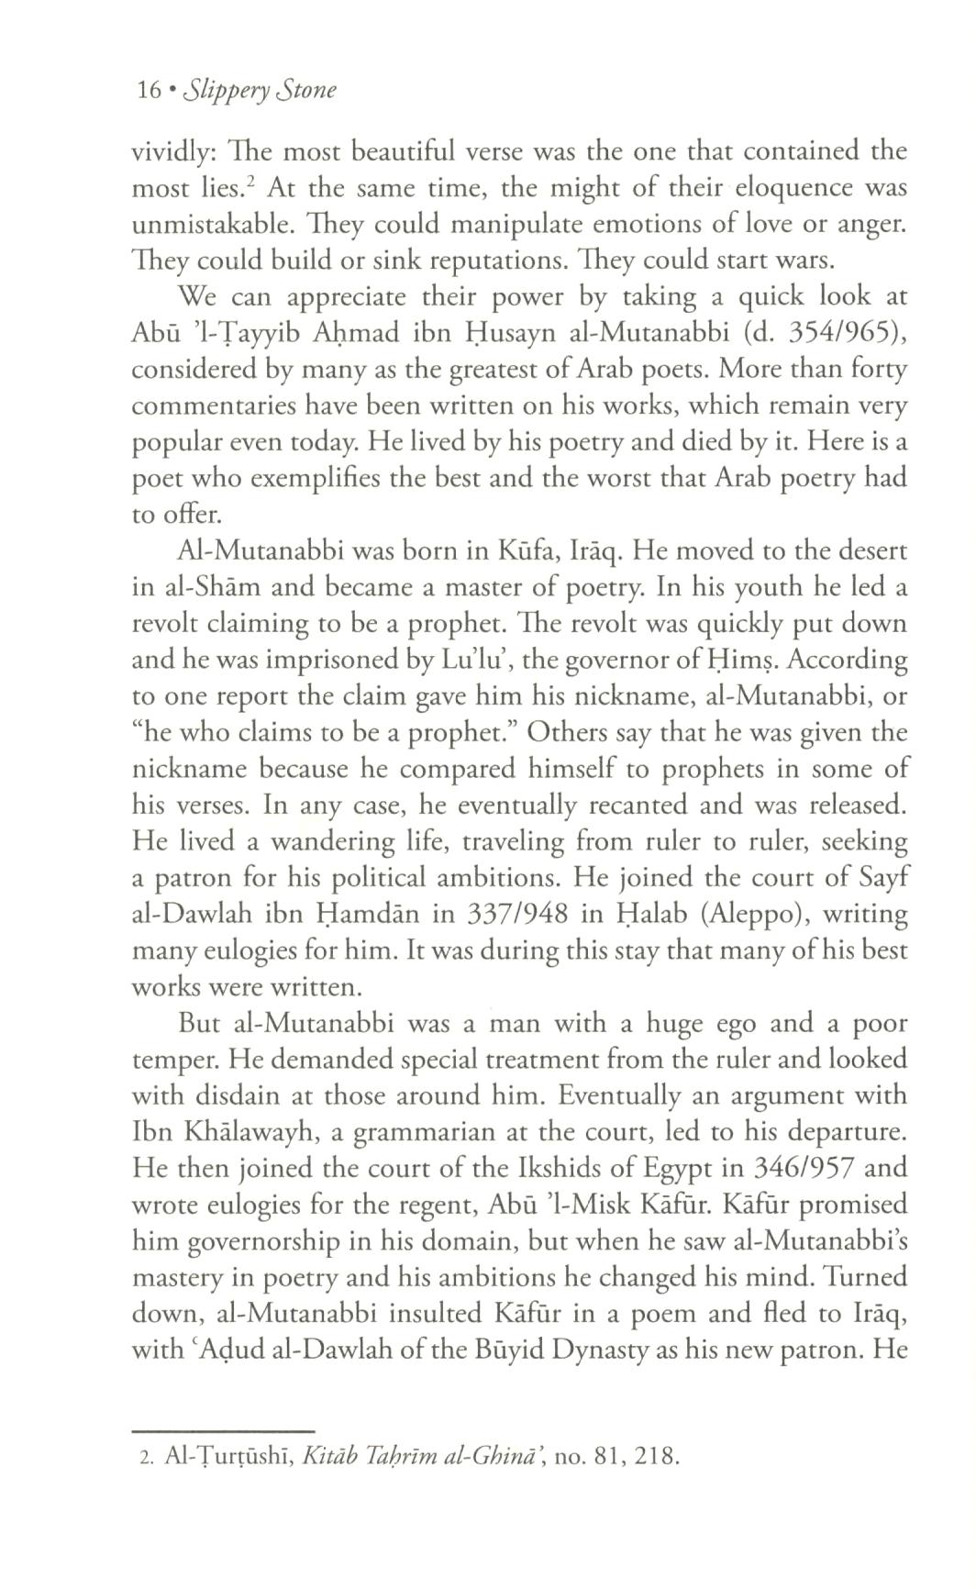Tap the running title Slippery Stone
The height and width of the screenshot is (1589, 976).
261,91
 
